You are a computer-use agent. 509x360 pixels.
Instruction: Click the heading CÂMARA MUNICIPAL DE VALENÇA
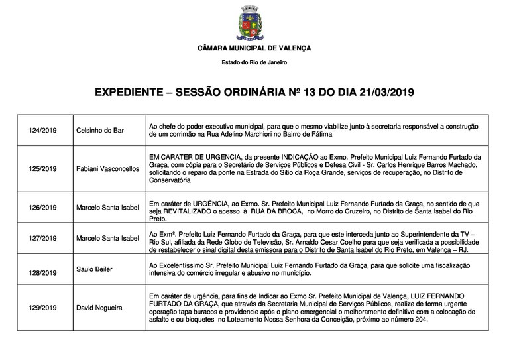pyautogui.click(x=254, y=49)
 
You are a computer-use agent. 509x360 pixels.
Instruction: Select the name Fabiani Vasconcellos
pyautogui.click(x=107, y=169)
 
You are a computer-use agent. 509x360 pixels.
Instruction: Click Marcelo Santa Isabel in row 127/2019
pyautogui.click(x=107, y=238)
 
